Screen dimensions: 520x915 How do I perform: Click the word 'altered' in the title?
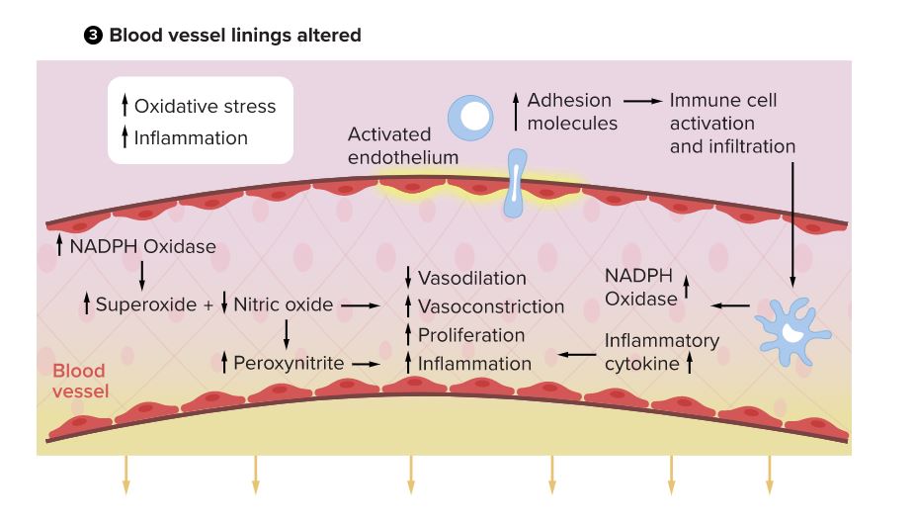click(326, 36)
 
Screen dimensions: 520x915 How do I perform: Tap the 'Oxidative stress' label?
click(205, 106)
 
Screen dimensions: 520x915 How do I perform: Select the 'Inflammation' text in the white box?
click(191, 137)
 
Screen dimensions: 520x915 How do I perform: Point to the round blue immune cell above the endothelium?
click(470, 118)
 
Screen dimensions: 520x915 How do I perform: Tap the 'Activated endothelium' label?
click(402, 145)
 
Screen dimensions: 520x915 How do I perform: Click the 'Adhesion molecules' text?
click(571, 112)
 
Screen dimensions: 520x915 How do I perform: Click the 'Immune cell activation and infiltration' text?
click(731, 124)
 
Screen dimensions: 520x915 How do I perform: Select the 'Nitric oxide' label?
click(283, 304)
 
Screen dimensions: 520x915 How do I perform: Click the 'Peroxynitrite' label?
click(289, 363)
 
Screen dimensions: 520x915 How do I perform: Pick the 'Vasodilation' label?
click(471, 278)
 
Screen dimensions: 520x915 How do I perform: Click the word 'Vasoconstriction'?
click(490, 306)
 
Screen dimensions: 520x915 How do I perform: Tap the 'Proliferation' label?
click(470, 335)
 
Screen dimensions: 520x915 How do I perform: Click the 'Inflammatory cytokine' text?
click(661, 351)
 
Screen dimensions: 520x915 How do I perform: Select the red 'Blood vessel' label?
click(79, 381)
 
